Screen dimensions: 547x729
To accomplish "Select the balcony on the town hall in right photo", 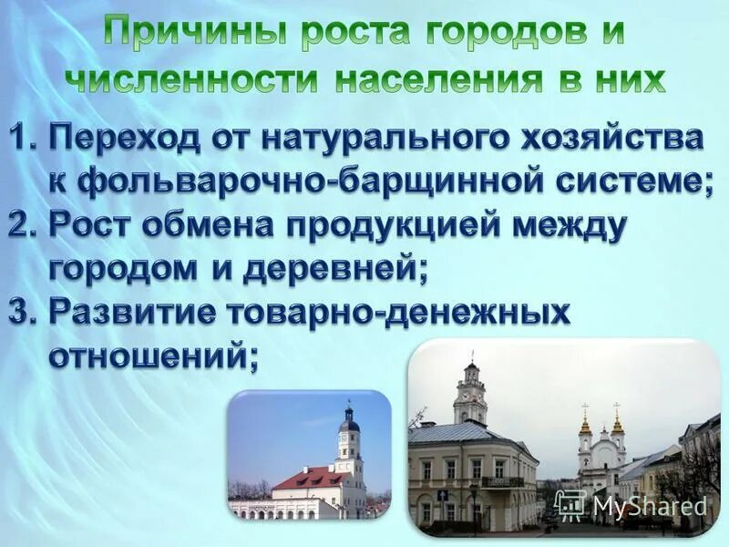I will click(502, 480).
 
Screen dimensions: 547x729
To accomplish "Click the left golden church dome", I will click(585, 426).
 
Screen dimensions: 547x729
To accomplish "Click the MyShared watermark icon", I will click(570, 505).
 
